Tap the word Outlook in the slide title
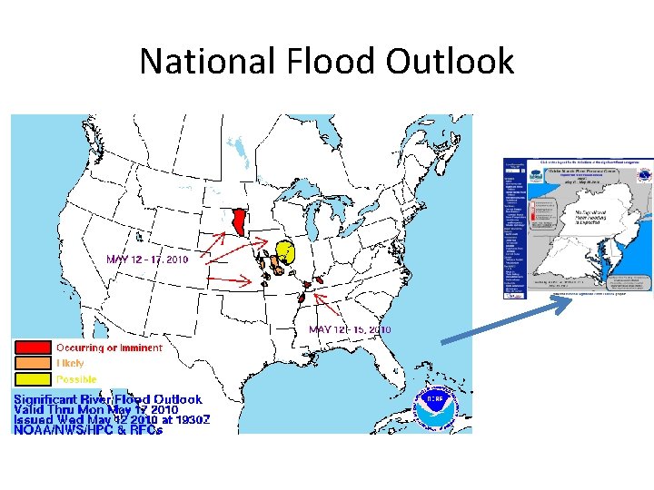point(450,62)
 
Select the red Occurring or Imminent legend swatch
point(31,348)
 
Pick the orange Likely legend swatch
point(31,363)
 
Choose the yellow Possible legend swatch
point(31,378)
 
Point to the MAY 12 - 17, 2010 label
point(147,260)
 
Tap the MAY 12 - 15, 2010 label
point(350,329)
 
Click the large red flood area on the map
point(238,222)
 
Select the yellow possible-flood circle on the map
point(285,250)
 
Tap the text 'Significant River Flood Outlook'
point(107,399)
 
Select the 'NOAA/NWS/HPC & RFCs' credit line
point(88,430)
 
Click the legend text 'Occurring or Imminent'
point(109,348)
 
